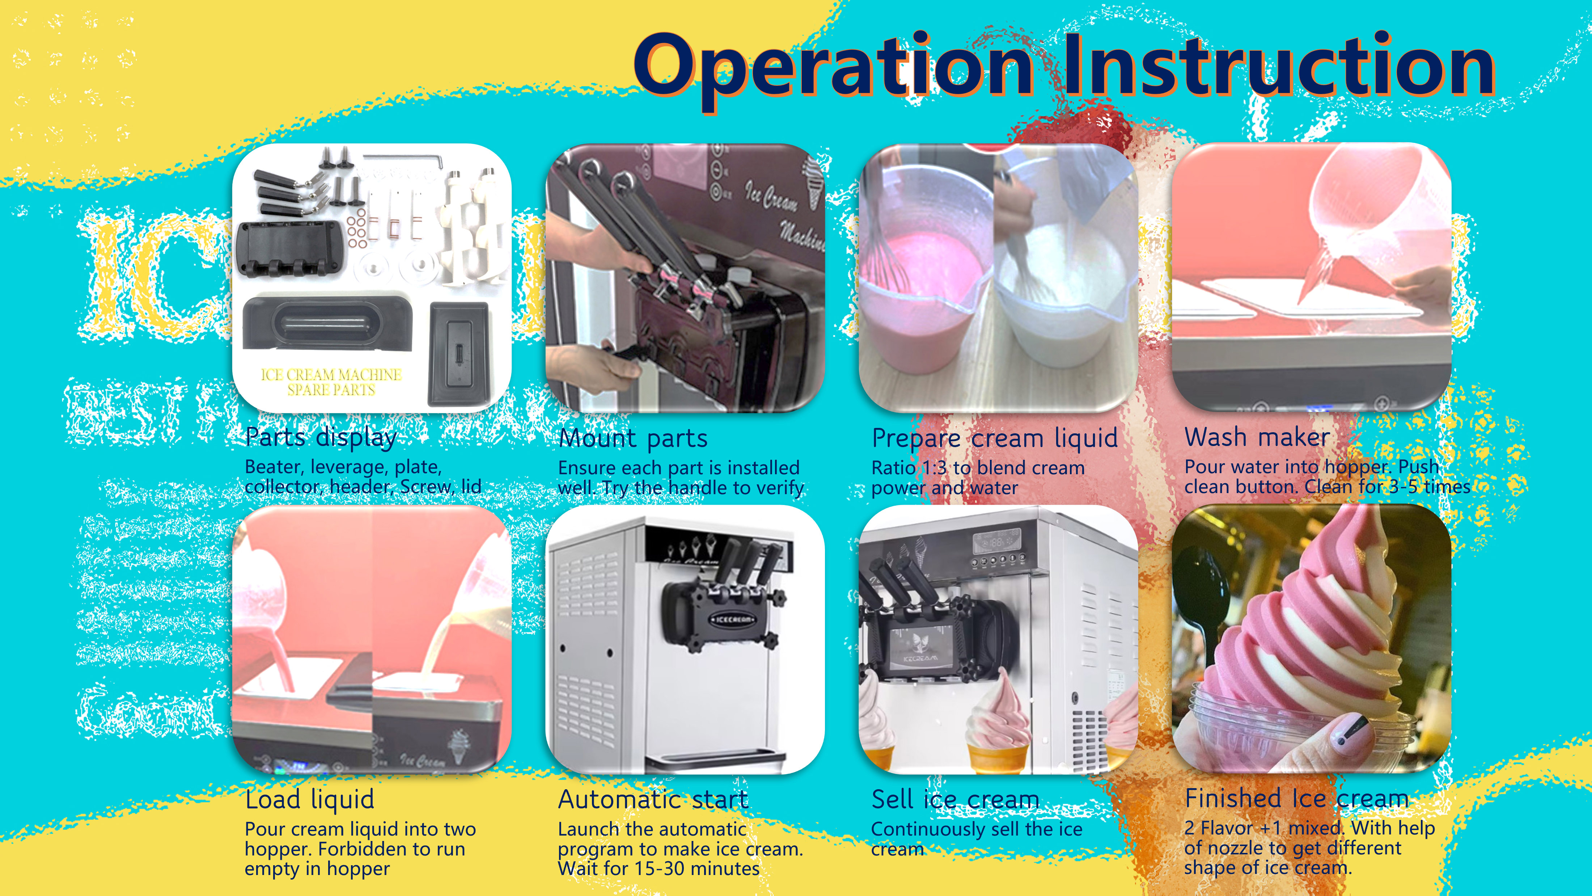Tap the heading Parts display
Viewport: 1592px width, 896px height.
(321, 437)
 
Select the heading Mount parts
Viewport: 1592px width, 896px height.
(633, 438)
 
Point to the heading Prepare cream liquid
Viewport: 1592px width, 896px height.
(994, 438)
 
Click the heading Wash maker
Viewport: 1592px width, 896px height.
(1257, 437)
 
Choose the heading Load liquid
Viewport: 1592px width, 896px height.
(310, 800)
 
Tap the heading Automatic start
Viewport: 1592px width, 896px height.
(653, 800)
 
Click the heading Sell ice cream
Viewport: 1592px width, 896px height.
(955, 800)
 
